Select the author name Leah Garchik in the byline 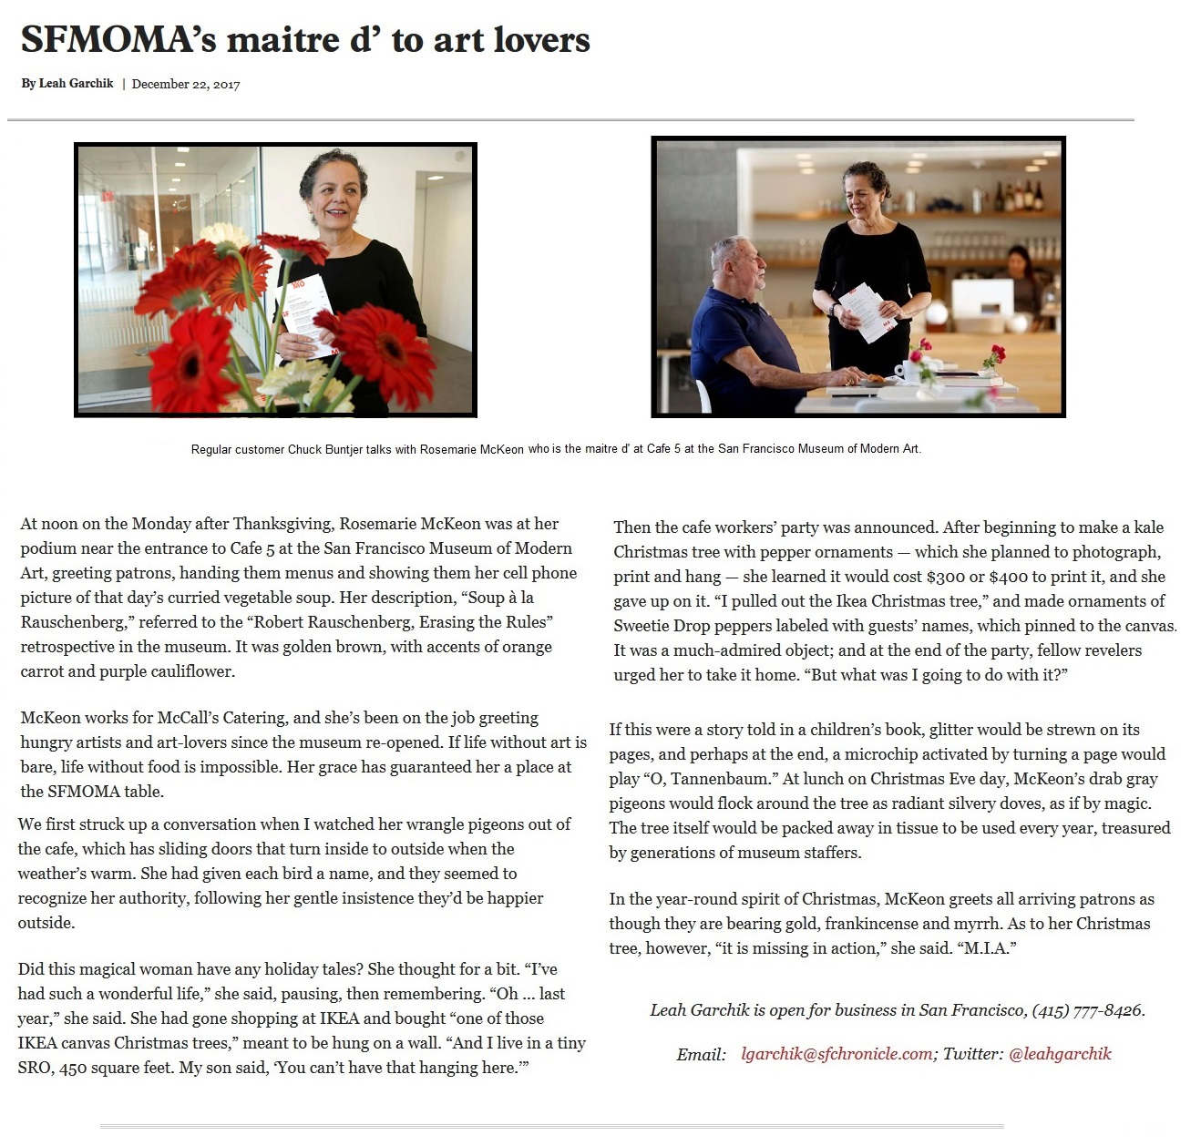[x=76, y=84]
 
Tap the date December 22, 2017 [x=186, y=84]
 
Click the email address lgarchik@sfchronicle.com [x=837, y=1054]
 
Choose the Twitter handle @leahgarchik [x=1060, y=1054]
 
